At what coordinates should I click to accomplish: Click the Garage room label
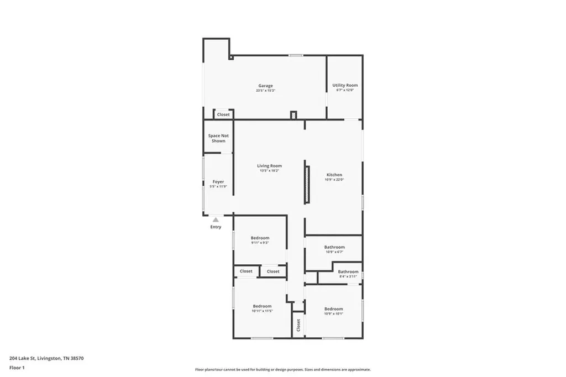[265, 86]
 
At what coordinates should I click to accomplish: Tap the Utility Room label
[345, 85]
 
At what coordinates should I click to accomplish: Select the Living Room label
[269, 166]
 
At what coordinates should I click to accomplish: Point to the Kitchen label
[334, 175]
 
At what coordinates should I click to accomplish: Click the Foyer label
[218, 182]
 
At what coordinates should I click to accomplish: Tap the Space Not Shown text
[218, 138]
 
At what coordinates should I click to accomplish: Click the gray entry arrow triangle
[216, 219]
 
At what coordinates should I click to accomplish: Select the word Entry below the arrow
[216, 227]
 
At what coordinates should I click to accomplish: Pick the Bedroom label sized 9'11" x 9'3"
[260, 238]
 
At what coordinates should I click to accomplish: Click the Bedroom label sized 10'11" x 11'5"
[262, 306]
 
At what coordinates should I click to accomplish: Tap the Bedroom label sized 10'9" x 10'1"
[333, 309]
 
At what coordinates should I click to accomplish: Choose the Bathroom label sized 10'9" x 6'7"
[334, 247]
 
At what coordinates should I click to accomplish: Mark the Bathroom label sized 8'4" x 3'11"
[348, 271]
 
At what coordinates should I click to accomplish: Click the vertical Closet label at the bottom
[298, 325]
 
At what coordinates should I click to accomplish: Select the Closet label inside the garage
[223, 114]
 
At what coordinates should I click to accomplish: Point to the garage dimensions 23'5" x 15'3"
[265, 91]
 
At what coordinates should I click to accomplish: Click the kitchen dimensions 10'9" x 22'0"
[334, 180]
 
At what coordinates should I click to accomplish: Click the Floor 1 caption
[17, 367]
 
